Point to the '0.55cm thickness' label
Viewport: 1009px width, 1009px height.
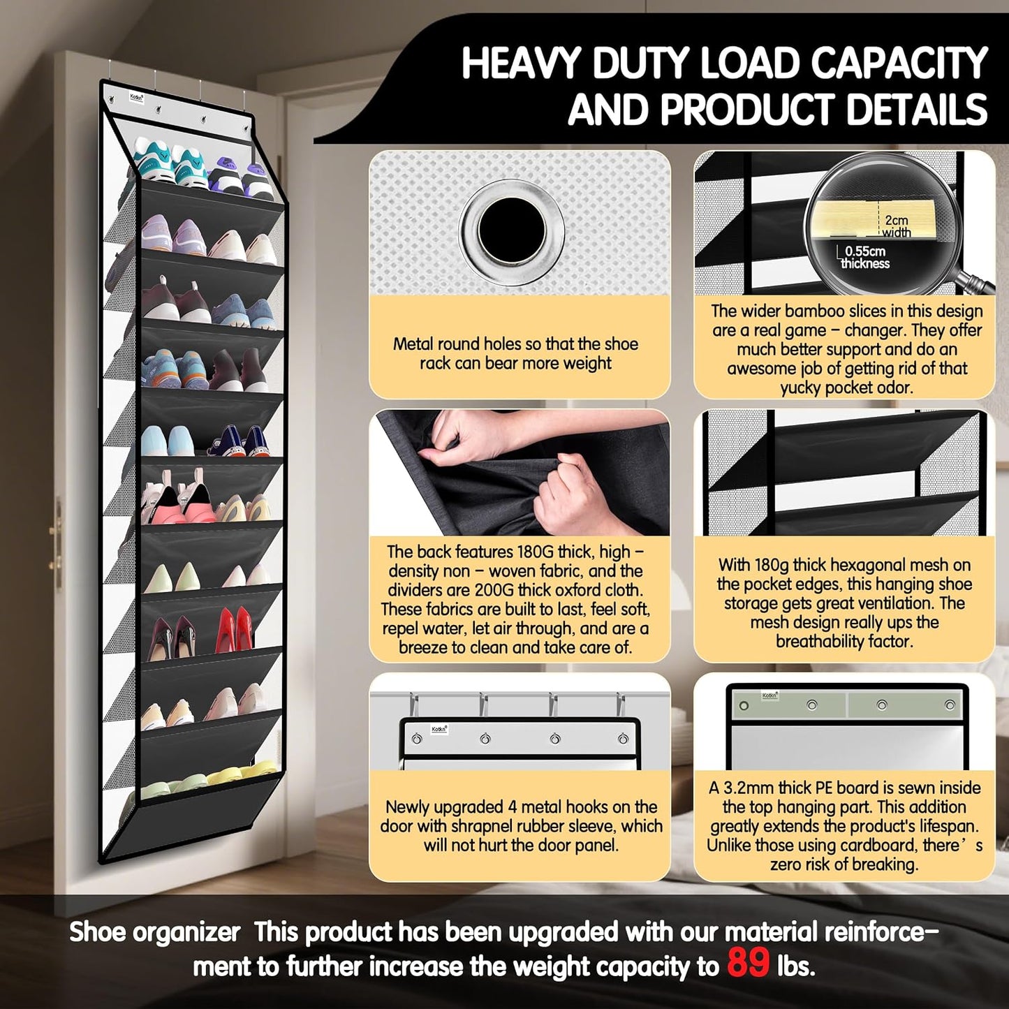(864, 257)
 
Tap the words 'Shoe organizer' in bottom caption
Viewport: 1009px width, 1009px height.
(155, 933)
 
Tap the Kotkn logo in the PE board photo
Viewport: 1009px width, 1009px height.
(769, 695)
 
